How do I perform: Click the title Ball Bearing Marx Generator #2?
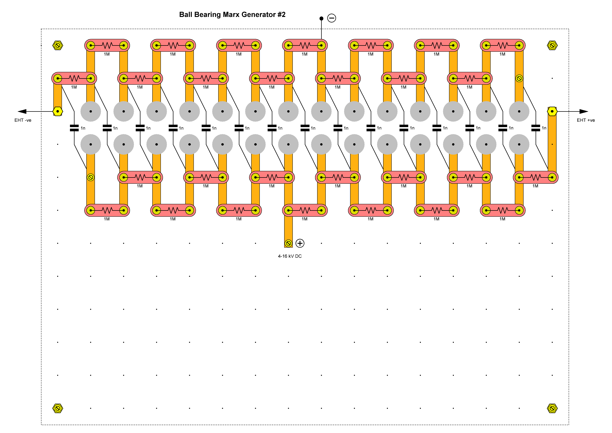tap(232, 15)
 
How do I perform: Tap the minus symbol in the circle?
tap(332, 18)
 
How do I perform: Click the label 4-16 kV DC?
tap(290, 256)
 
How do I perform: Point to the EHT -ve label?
tap(23, 120)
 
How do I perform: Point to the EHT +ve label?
tap(586, 120)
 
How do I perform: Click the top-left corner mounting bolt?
tap(58, 45)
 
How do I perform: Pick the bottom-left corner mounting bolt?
tap(58, 408)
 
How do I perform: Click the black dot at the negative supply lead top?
tap(322, 18)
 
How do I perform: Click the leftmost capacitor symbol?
tap(74, 128)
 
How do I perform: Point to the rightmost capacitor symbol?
tap(536, 128)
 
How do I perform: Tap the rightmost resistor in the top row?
tap(503, 45)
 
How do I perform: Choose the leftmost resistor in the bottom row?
tap(107, 211)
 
